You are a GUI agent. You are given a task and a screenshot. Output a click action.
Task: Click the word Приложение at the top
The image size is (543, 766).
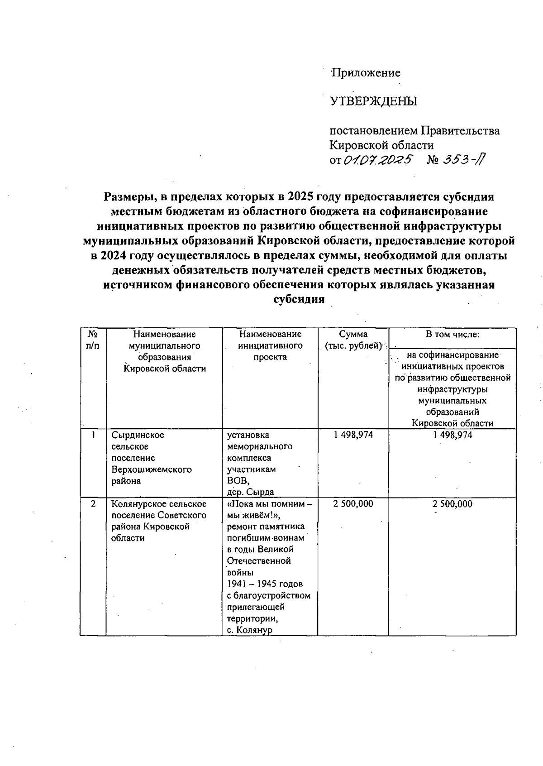pyautogui.click(x=366, y=73)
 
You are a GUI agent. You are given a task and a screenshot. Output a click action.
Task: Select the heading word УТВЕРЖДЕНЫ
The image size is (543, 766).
pyautogui.click(x=373, y=101)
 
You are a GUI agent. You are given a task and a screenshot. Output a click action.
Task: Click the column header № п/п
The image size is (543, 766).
pyautogui.click(x=93, y=340)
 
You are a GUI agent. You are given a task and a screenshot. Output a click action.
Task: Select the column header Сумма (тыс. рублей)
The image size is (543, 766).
pyautogui.click(x=353, y=340)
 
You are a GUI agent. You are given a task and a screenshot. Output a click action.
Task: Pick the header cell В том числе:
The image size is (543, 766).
pyautogui.click(x=452, y=335)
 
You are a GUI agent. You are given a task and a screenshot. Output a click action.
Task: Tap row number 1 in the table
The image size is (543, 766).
pyautogui.click(x=93, y=435)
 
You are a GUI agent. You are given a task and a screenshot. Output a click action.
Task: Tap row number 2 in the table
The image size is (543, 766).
pyautogui.click(x=93, y=504)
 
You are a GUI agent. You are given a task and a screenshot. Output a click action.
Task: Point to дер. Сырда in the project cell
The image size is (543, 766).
pyautogui.click(x=250, y=493)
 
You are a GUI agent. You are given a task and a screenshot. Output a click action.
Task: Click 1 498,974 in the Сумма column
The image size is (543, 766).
pyautogui.click(x=353, y=435)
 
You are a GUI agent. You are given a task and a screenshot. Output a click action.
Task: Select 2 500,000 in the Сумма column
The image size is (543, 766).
pyautogui.click(x=353, y=504)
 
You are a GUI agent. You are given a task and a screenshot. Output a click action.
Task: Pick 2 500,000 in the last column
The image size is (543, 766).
pyautogui.click(x=452, y=504)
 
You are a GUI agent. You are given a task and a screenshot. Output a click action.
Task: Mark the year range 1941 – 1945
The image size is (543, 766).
pyautogui.click(x=265, y=584)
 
